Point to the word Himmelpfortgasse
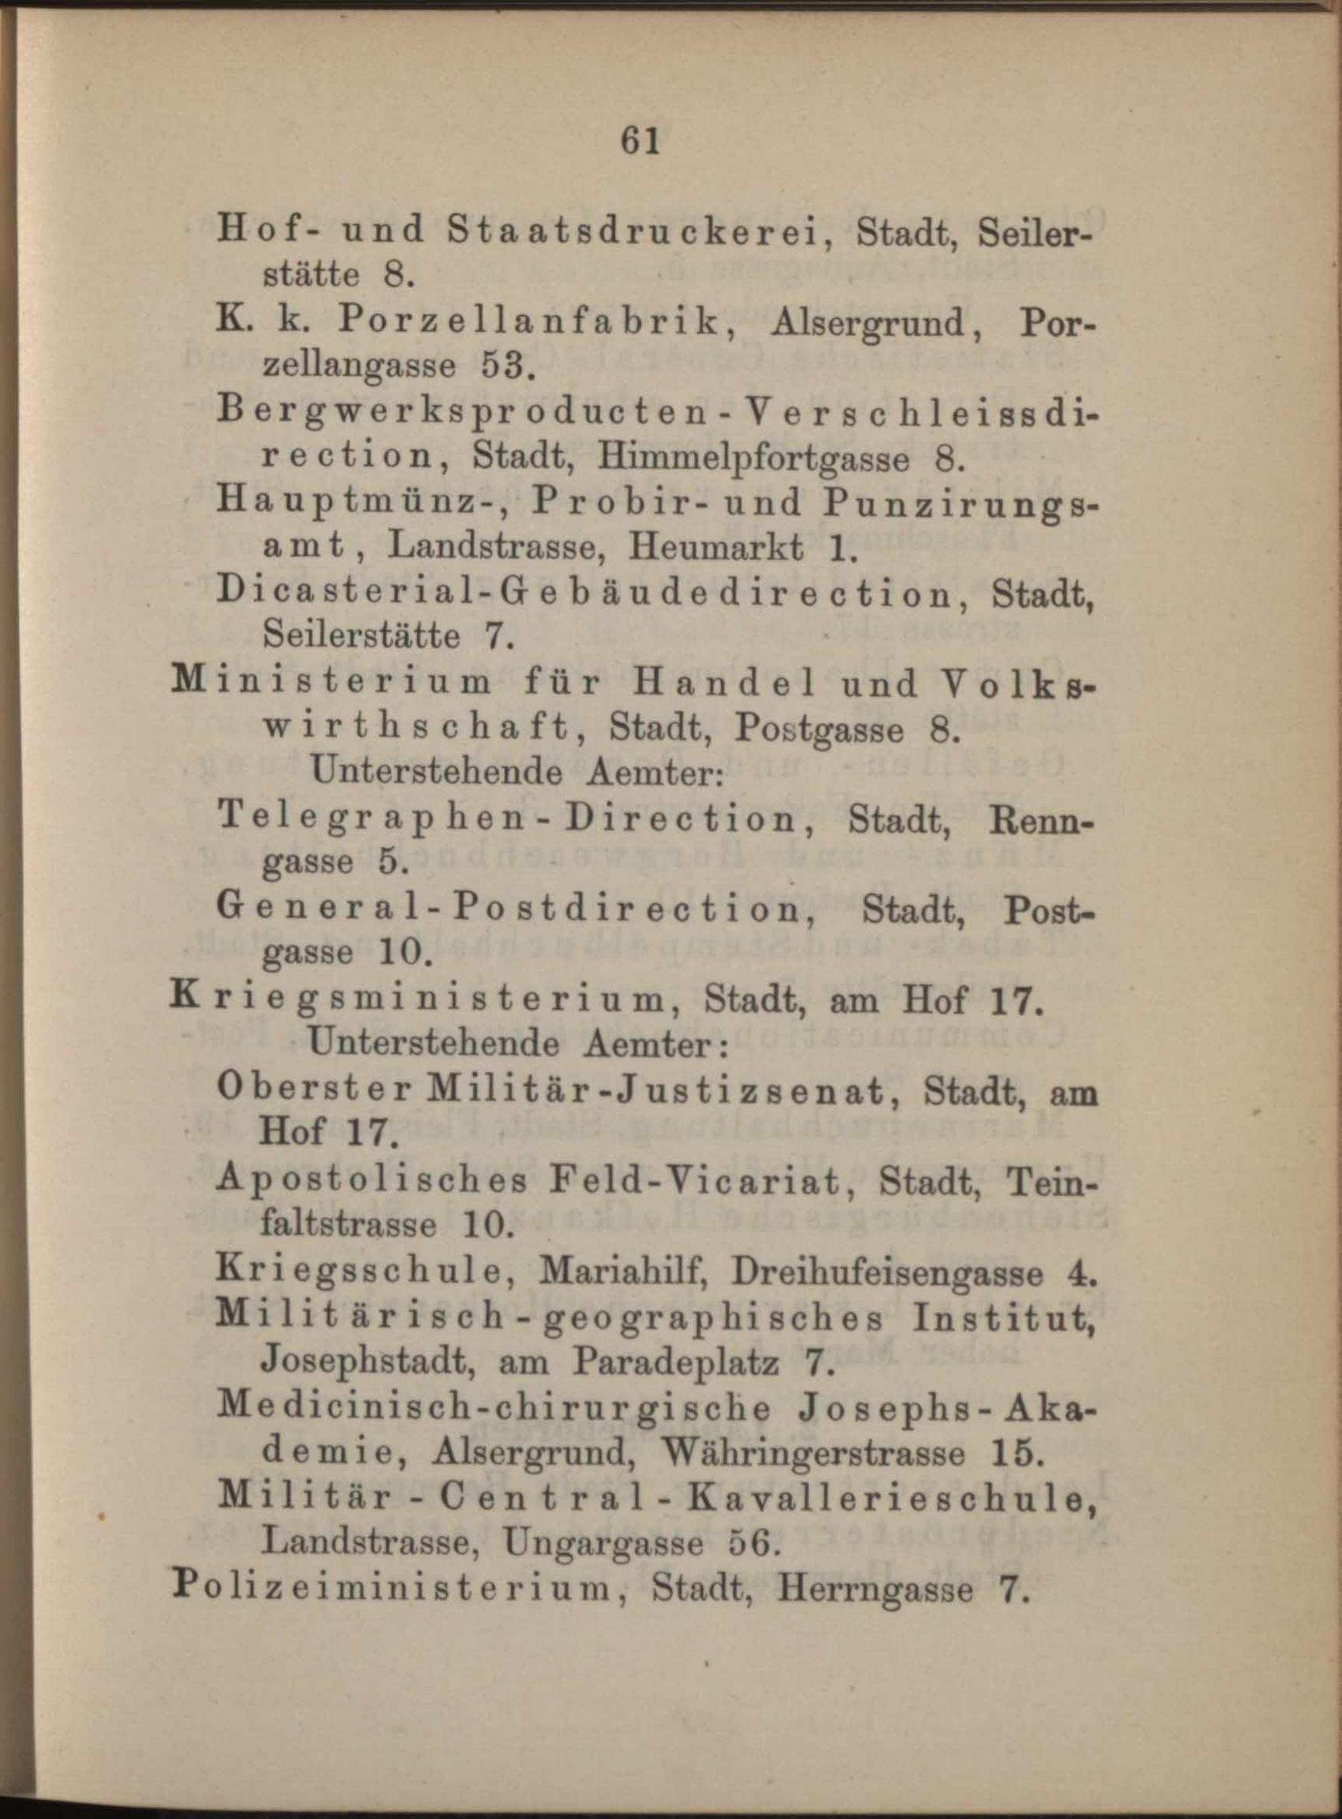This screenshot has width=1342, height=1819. coord(753,458)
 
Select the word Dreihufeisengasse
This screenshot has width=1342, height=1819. coord(886,1271)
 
